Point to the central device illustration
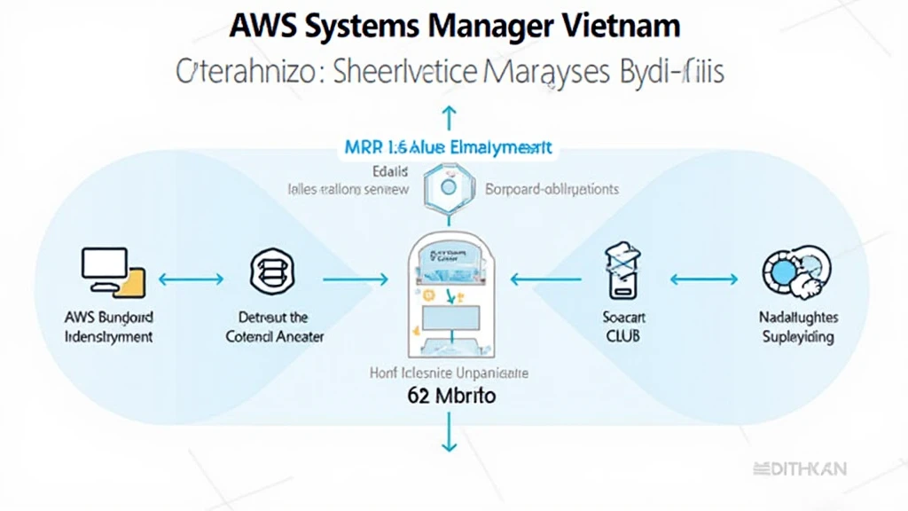click(x=451, y=293)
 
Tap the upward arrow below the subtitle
click(x=449, y=117)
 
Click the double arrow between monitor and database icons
click(x=190, y=279)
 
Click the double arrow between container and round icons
click(x=703, y=279)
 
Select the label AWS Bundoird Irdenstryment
click(x=109, y=327)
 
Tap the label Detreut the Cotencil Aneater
click(x=274, y=326)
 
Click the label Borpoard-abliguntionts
click(x=552, y=189)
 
